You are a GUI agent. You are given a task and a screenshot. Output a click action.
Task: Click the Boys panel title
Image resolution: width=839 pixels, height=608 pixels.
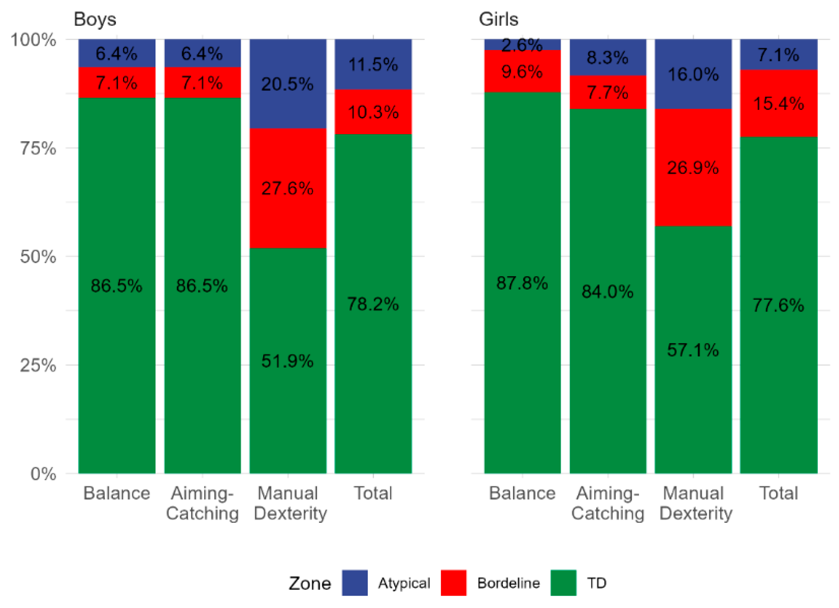(95, 19)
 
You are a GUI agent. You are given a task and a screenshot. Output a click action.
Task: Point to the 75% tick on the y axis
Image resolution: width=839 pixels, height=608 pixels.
(38, 148)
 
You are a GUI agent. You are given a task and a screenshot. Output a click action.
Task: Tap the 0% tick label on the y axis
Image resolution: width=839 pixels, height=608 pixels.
(43, 473)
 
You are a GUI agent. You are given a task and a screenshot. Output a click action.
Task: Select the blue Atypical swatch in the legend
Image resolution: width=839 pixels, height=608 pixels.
(354, 582)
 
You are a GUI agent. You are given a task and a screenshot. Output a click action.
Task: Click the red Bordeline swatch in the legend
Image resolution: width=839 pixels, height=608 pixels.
(454, 582)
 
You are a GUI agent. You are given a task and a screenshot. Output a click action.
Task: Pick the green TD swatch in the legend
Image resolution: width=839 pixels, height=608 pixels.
(563, 582)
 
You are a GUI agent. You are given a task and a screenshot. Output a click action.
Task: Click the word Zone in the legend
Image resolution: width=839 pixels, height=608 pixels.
(310, 583)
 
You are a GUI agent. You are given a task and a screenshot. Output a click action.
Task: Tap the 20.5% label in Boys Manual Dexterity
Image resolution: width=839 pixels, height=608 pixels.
(287, 84)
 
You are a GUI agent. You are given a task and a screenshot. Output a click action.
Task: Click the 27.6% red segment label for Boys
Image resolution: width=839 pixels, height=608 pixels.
(287, 188)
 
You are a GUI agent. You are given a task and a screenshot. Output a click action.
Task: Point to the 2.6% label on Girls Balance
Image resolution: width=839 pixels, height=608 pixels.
(522, 45)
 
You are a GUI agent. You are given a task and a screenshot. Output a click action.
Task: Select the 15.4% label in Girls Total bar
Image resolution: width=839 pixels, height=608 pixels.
(778, 104)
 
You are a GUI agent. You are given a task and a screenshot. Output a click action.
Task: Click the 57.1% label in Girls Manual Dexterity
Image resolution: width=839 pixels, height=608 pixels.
(693, 350)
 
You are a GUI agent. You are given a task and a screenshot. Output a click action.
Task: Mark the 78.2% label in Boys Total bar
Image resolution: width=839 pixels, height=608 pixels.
(373, 304)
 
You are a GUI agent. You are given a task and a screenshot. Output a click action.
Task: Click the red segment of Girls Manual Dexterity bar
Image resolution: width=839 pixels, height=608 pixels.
(693, 167)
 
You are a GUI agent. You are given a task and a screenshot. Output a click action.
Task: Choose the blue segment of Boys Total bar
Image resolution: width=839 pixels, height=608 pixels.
(373, 64)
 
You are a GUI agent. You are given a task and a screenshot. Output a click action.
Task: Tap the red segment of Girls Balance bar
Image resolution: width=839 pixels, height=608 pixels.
(522, 71)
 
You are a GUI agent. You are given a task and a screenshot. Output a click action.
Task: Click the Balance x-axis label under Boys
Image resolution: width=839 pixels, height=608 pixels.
(117, 493)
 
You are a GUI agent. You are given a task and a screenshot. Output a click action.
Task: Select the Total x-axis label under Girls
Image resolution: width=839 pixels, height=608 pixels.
(778, 493)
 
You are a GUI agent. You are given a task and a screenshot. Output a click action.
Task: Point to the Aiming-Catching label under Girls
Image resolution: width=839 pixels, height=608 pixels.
(608, 503)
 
